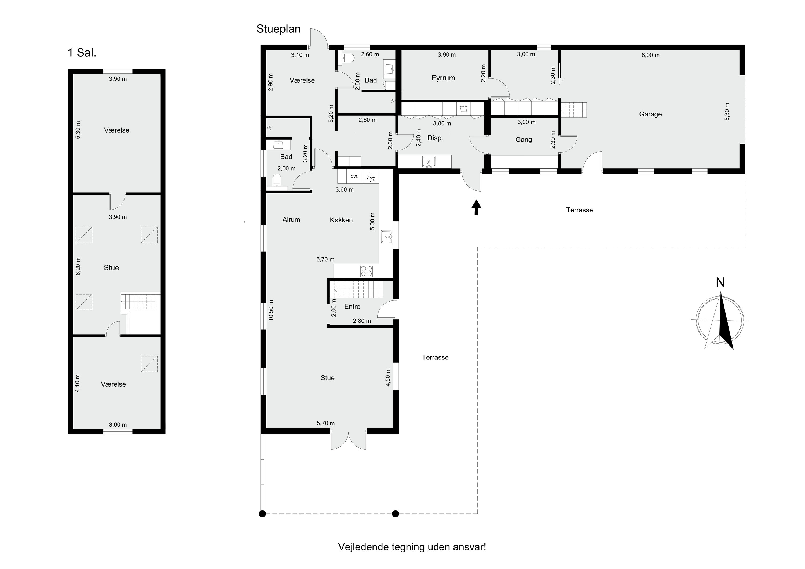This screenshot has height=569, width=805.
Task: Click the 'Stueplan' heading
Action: tap(278, 29)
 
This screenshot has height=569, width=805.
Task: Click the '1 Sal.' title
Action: tap(82, 53)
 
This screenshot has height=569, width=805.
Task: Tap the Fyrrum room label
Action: tap(443, 78)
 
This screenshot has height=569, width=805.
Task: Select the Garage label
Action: tap(650, 114)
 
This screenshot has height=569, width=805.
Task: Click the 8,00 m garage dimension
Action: tap(650, 55)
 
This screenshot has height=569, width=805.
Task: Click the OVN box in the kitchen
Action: tap(354, 176)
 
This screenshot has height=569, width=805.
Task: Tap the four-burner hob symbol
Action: tap(366, 271)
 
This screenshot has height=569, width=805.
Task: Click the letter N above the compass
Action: tap(720, 282)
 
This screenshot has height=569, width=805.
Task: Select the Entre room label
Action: tap(352, 306)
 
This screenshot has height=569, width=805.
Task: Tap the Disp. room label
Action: tap(435, 138)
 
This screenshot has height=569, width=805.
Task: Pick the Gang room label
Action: tap(524, 140)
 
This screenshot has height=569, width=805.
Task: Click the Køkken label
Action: tap(341, 220)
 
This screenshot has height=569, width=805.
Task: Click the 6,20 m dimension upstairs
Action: tap(78, 266)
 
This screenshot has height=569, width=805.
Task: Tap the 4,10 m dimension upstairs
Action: tap(78, 383)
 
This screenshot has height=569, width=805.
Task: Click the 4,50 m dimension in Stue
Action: tap(388, 377)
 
